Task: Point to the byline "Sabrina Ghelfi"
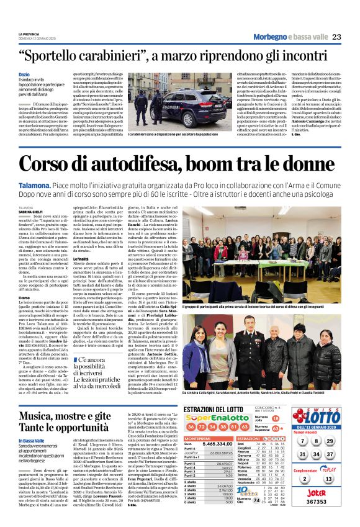[x=30, y=213]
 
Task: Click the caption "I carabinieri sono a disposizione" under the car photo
[x=164, y=134]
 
